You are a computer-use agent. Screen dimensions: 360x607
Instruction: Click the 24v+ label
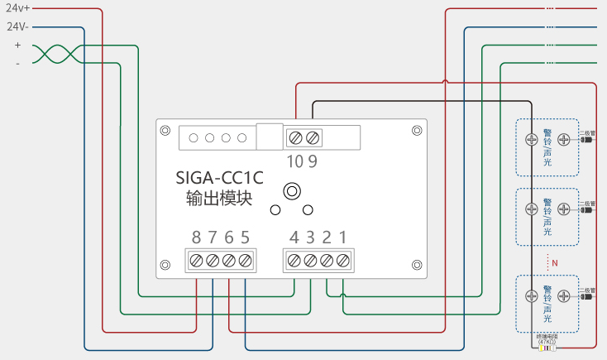coord(17,7)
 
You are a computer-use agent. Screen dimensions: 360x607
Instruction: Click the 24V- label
coord(17,26)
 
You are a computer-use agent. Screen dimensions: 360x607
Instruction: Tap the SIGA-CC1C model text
coord(219,177)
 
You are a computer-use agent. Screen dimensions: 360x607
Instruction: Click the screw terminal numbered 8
coord(196,261)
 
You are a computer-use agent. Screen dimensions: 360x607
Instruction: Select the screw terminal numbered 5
coord(245,261)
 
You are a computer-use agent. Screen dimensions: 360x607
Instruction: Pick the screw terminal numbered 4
coord(294,261)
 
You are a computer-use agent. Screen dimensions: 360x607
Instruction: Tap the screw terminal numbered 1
coord(342,261)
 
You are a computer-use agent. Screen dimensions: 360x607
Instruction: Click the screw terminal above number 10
coord(296,137)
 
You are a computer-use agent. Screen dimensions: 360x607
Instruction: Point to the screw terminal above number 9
coord(312,137)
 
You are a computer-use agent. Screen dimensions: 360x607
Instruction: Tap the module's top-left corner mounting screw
coord(165,131)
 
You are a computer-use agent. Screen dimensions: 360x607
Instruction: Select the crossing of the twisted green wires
coord(58,54)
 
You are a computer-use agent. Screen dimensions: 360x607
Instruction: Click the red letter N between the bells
coord(555,262)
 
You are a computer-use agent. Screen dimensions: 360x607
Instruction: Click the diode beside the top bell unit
coord(586,140)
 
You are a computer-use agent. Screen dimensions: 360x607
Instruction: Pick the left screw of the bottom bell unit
coord(532,295)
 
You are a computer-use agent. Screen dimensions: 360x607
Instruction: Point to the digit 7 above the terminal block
coord(213,238)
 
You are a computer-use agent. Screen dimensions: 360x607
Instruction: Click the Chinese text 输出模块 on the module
coord(219,199)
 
